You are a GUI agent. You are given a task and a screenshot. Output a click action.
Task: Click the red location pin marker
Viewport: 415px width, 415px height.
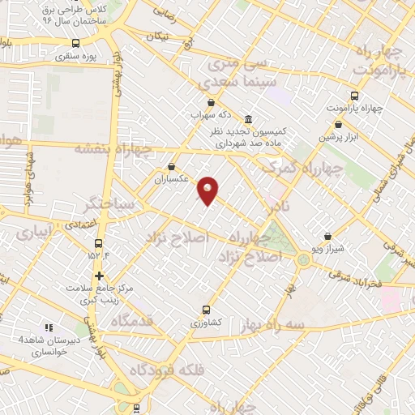[209, 190]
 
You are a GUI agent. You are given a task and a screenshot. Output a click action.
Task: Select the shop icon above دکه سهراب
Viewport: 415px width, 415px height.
[211, 102]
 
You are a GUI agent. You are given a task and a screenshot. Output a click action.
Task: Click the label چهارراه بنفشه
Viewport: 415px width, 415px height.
[113, 148]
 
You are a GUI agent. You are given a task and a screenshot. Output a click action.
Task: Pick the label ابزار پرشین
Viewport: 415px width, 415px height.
[337, 136]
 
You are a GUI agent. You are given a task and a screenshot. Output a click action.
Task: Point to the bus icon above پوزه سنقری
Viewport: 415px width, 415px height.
[75, 44]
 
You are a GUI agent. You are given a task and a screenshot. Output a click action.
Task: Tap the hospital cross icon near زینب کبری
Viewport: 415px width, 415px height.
[99, 276]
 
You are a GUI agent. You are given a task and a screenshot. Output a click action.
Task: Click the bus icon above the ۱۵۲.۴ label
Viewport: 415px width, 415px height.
[99, 243]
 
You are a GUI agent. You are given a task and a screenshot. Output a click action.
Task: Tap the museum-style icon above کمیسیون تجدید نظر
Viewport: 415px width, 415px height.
[247, 118]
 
